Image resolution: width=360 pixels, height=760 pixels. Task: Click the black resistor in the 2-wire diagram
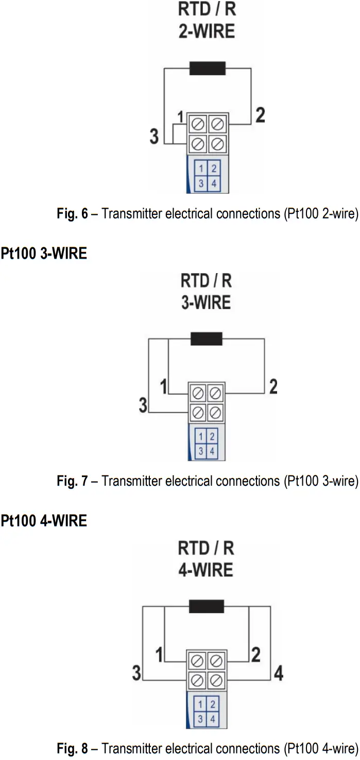point(207,68)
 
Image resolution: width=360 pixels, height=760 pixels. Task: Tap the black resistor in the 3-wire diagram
point(206,339)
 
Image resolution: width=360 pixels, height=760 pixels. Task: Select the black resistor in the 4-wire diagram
point(206,606)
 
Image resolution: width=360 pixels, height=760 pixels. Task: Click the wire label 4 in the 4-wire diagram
point(278,673)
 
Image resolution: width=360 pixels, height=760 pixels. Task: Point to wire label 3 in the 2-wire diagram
point(154,137)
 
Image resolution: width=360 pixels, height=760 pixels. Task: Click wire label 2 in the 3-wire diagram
point(273,386)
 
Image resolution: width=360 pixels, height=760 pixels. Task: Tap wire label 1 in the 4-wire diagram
point(159,655)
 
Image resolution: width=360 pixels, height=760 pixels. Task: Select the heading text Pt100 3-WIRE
point(44,254)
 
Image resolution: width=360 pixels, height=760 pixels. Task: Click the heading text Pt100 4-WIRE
point(44,521)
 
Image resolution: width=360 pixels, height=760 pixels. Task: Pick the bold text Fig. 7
point(72,481)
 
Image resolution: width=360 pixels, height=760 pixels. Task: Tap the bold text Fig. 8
point(72,748)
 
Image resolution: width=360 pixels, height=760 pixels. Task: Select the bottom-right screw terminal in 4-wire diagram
point(215,680)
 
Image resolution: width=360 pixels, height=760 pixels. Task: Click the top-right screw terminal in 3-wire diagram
point(215,394)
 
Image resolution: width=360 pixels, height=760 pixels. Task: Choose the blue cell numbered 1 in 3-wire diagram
point(201,437)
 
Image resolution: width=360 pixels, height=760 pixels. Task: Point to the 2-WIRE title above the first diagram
point(207,31)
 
